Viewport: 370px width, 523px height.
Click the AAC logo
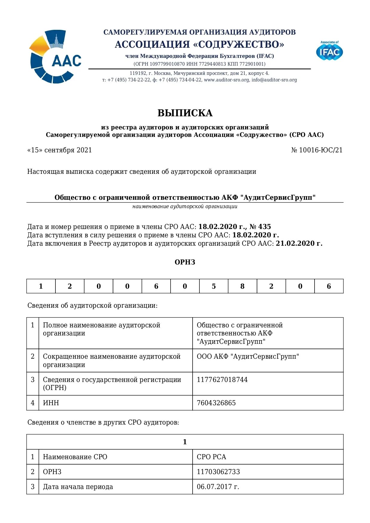[x=55, y=57]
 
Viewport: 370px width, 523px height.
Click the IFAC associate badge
[x=329, y=51]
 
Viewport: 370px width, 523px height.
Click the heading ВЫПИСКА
[x=185, y=113]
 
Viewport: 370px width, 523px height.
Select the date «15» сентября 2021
[x=60, y=150]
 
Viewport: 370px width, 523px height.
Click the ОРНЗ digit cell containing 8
[x=242, y=286]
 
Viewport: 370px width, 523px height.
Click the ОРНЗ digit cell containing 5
[x=213, y=286]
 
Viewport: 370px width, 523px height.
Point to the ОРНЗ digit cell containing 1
[x=41, y=286]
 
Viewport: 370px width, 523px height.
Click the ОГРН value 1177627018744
[x=222, y=380]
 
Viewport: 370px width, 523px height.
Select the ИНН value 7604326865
[x=216, y=403]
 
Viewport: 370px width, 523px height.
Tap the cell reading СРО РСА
[x=211, y=457]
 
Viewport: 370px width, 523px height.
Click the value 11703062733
[x=218, y=472]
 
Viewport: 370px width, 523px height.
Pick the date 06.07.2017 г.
[x=218, y=487]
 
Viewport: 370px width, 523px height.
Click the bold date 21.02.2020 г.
[x=299, y=243]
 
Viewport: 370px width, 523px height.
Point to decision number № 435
[x=260, y=227]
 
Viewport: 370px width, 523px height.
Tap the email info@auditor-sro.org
[x=274, y=80]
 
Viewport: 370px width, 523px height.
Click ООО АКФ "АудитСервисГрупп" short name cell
[x=248, y=357]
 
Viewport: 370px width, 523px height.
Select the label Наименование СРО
[x=75, y=457]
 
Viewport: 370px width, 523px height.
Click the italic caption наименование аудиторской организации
[x=185, y=206]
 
